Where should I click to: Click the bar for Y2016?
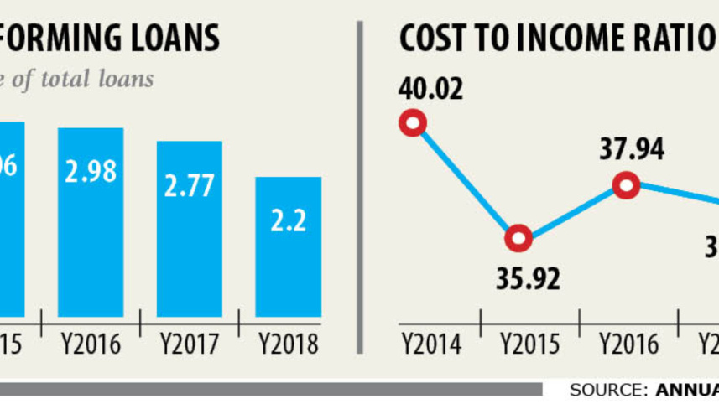[x=91, y=222]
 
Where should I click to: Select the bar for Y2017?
[x=190, y=229]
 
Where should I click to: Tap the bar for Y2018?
[x=288, y=246]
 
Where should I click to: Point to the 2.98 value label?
[x=90, y=174]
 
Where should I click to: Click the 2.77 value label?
[x=190, y=185]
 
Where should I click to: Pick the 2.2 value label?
[x=288, y=221]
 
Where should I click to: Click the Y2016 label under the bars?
[x=91, y=344]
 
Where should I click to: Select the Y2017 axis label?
[x=190, y=344]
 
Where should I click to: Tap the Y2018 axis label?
[x=289, y=344]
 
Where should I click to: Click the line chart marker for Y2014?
[x=413, y=125]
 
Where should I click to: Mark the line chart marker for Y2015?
[x=519, y=239]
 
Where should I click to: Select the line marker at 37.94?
[x=626, y=185]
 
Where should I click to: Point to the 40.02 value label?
[x=430, y=89]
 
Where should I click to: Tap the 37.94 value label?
[x=632, y=149]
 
